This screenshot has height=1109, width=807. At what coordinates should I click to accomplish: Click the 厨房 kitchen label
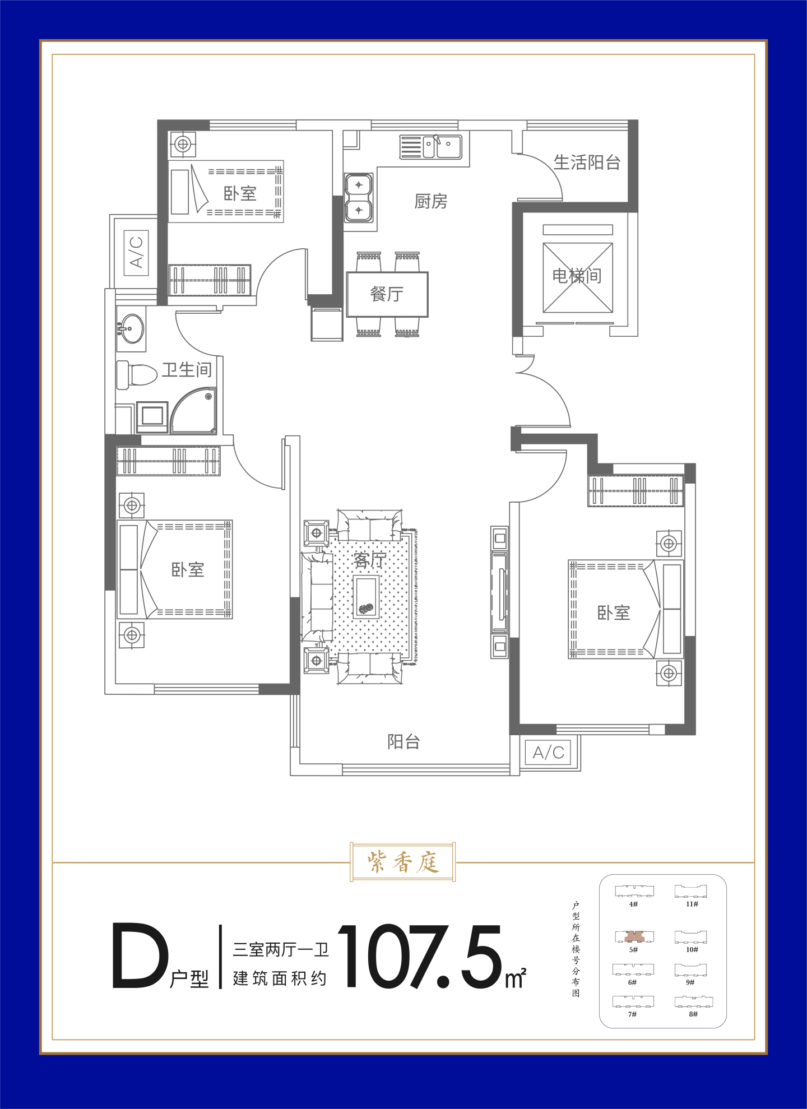[431, 201]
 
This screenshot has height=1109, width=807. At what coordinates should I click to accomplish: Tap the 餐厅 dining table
[387, 295]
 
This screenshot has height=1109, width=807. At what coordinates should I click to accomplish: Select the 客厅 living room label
[370, 560]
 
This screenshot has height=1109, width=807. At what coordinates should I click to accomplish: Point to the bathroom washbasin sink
[132, 328]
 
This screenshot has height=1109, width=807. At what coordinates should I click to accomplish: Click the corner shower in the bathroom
[193, 411]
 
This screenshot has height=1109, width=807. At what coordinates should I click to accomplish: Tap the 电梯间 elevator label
[577, 276]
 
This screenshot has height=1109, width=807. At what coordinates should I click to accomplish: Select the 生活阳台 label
[587, 163]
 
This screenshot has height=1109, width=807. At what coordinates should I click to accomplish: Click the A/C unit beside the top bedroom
[136, 252]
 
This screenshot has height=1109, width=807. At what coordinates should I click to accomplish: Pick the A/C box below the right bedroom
[548, 753]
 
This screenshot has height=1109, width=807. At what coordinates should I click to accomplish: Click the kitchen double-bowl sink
[442, 147]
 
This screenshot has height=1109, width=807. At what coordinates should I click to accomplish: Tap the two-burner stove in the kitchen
[359, 198]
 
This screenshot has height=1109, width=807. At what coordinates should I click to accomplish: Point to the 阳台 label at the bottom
[403, 742]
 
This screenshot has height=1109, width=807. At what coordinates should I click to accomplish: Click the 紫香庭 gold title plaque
[403, 862]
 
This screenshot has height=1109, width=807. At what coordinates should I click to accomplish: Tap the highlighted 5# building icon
[634, 936]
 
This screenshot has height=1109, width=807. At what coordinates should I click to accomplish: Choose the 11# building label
[692, 904]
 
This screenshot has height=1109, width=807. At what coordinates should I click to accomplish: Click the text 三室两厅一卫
[281, 949]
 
